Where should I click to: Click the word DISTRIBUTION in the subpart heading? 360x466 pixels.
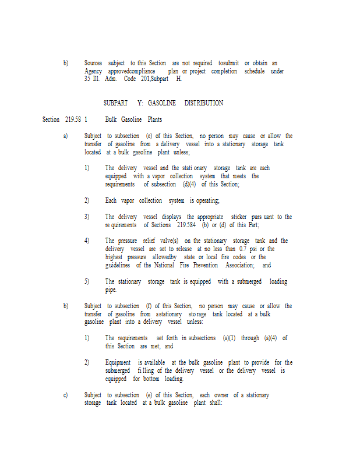point(204,103)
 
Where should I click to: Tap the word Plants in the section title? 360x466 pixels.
point(153,119)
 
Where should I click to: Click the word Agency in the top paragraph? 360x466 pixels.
point(93,71)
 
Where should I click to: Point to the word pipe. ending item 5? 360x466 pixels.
point(111,290)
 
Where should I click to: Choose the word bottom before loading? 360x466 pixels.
point(146,379)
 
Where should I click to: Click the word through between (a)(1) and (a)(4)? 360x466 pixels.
point(251,338)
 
